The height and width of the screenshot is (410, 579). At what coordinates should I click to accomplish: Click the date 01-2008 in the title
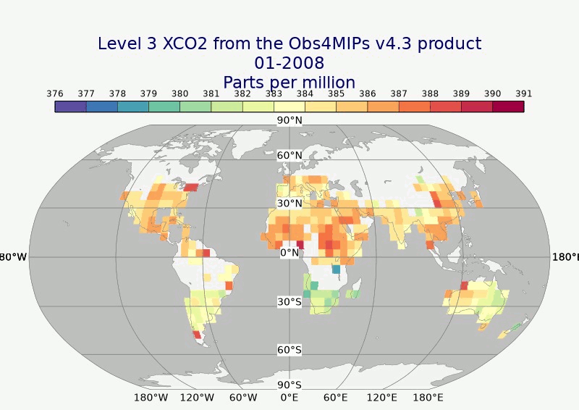(289, 63)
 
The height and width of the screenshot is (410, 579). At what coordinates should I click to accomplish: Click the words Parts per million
(289, 82)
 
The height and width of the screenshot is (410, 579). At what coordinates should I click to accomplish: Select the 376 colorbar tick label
(54, 93)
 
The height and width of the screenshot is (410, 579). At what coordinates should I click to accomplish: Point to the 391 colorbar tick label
(524, 93)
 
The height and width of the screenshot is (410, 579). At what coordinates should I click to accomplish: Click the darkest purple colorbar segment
(70, 106)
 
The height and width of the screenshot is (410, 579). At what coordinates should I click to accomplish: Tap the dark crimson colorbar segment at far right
(508, 106)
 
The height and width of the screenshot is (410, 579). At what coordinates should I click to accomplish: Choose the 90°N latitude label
(289, 120)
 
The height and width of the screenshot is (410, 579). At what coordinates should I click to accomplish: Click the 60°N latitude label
(289, 155)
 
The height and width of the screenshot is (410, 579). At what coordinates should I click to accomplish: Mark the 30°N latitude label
(289, 204)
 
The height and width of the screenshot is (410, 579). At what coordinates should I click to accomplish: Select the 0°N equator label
(289, 253)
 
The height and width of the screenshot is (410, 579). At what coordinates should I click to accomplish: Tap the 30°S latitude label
(289, 301)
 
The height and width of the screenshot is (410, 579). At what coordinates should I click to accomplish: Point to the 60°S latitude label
(289, 350)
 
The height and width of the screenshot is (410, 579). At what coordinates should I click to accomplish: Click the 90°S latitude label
(289, 385)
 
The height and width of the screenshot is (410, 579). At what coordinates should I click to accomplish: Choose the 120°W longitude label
(197, 398)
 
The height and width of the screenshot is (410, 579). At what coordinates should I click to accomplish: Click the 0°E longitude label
(289, 398)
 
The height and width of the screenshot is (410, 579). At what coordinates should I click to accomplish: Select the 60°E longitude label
(336, 398)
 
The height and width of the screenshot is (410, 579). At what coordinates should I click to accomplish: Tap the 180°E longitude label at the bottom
(428, 398)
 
